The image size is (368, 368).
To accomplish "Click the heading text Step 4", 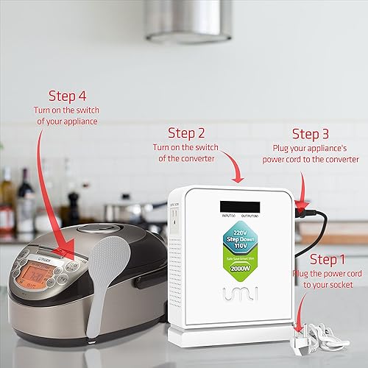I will pos(68,96).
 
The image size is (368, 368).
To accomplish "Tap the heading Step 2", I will pos(187,133).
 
